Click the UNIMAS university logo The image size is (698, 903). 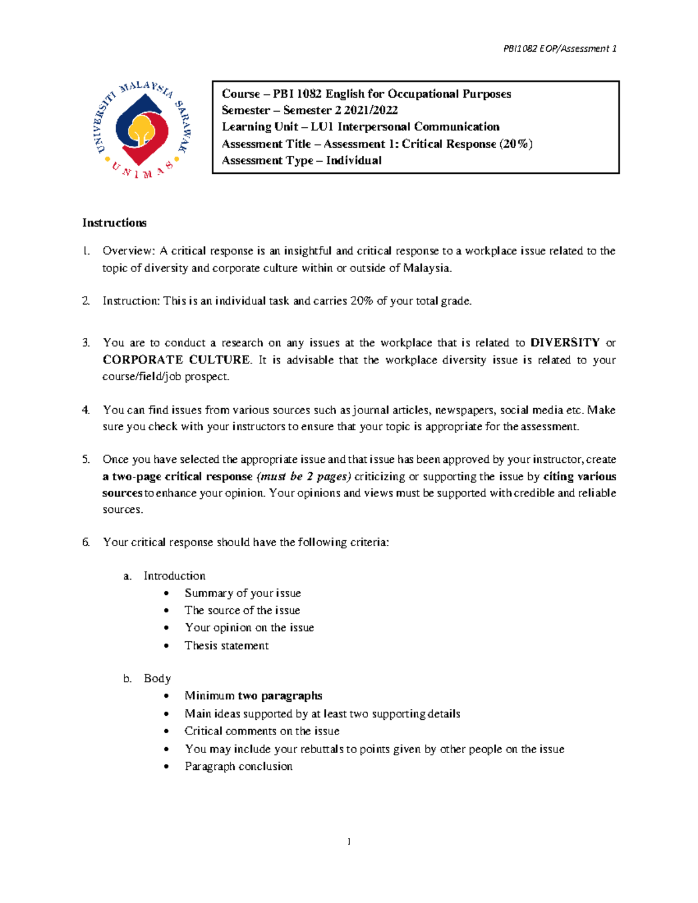click(x=143, y=130)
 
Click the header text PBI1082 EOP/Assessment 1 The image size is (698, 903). click(x=560, y=49)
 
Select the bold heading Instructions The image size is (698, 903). click(x=114, y=223)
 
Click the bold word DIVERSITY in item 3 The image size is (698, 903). click(x=565, y=342)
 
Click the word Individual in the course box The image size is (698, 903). click(x=354, y=160)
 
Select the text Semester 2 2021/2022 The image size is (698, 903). click(x=340, y=110)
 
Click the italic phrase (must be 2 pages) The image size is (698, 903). click(x=304, y=476)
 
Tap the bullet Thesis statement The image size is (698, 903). click(x=226, y=645)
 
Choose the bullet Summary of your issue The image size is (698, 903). click(x=243, y=593)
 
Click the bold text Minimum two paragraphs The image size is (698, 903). click(x=253, y=696)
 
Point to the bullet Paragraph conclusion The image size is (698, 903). click(x=238, y=766)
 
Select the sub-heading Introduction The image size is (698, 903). click(x=174, y=576)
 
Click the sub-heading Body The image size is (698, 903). click(x=157, y=679)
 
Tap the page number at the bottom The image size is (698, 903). click(x=348, y=841)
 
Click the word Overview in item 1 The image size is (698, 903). click(x=128, y=251)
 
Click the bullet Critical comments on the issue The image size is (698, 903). click(x=262, y=731)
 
